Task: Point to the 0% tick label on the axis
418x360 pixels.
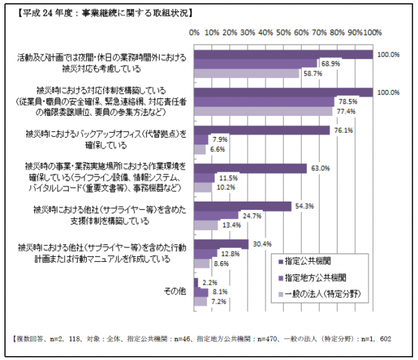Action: click(195, 32)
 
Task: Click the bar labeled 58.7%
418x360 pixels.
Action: click(247, 73)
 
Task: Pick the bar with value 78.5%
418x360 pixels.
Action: click(264, 101)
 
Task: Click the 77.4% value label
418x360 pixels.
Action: click(346, 111)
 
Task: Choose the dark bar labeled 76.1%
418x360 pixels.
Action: click(262, 131)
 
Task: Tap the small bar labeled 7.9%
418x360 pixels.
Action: click(201, 139)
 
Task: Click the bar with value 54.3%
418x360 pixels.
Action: click(243, 206)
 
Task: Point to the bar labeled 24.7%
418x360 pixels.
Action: click(217, 215)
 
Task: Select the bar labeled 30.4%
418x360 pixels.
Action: click(222, 244)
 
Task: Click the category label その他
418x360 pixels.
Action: click(174, 291)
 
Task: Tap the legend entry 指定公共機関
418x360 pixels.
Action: click(308, 260)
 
